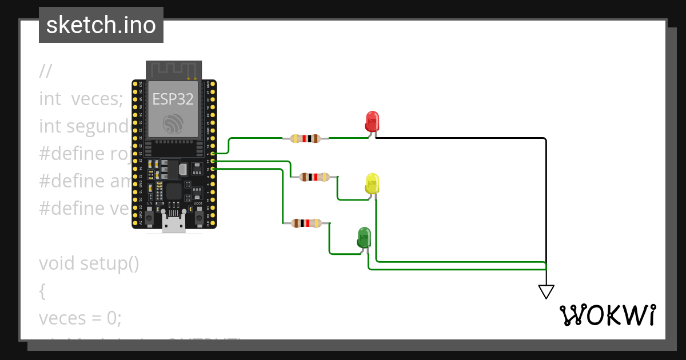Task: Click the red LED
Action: pyautogui.click(x=372, y=121)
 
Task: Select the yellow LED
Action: pyautogui.click(x=372, y=183)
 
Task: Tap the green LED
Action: pyautogui.click(x=364, y=237)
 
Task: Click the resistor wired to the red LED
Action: pyautogui.click(x=305, y=138)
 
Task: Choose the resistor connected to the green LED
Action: pyautogui.click(x=306, y=223)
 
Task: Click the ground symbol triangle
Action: pyautogui.click(x=546, y=291)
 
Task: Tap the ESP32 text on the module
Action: pyautogui.click(x=173, y=99)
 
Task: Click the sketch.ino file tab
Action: pyautogui.click(x=101, y=25)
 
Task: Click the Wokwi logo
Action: pyautogui.click(x=607, y=315)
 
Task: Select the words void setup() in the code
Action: pyautogui.click(x=89, y=263)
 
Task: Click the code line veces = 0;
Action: pyautogui.click(x=80, y=318)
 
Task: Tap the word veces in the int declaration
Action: pyautogui.click(x=97, y=99)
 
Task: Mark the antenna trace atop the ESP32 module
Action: pyautogui.click(x=173, y=70)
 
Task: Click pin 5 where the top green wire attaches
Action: pyautogui.click(x=213, y=154)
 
